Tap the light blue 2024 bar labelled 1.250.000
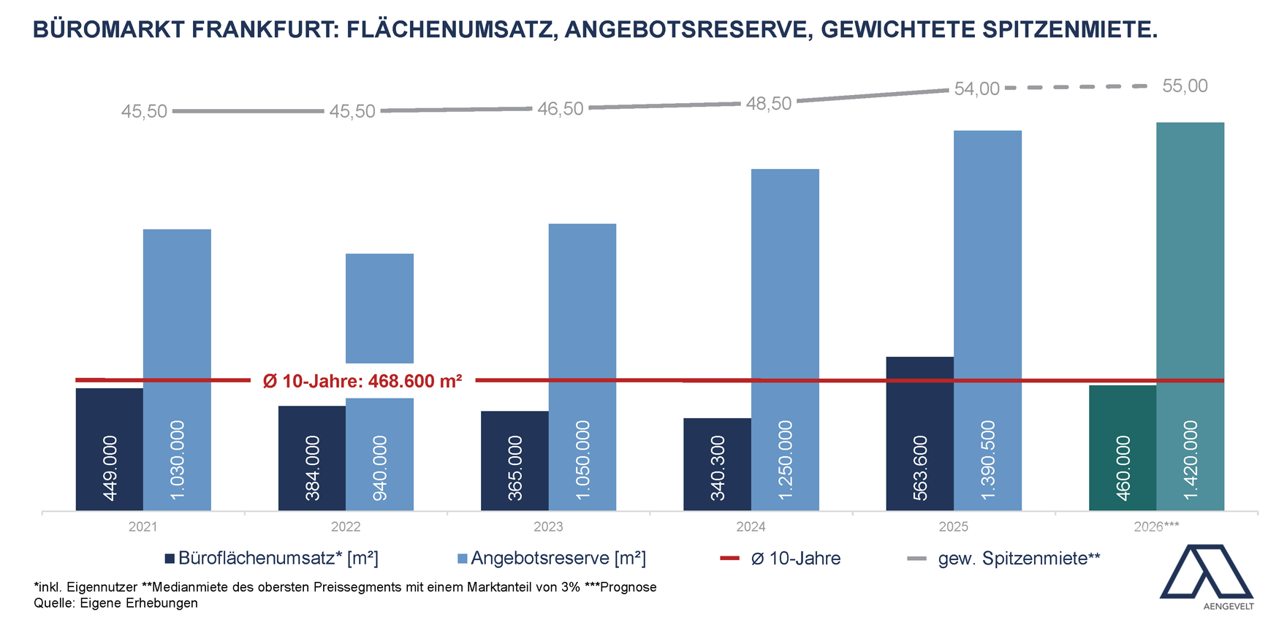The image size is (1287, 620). tap(785, 339)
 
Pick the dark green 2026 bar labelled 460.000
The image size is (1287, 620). tap(1123, 447)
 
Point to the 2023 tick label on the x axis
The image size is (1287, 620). tap(548, 526)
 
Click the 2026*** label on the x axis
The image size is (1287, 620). tap(1156, 526)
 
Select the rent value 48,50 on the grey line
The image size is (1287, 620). tap(769, 104)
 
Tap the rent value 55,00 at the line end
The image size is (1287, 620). tap(1185, 86)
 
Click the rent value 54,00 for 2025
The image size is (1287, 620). tap(976, 89)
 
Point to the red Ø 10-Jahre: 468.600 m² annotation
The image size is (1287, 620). tap(362, 381)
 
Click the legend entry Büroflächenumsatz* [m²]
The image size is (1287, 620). tap(271, 559)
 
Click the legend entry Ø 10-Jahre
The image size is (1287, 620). tap(788, 559)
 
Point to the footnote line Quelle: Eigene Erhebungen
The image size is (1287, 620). tap(115, 603)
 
